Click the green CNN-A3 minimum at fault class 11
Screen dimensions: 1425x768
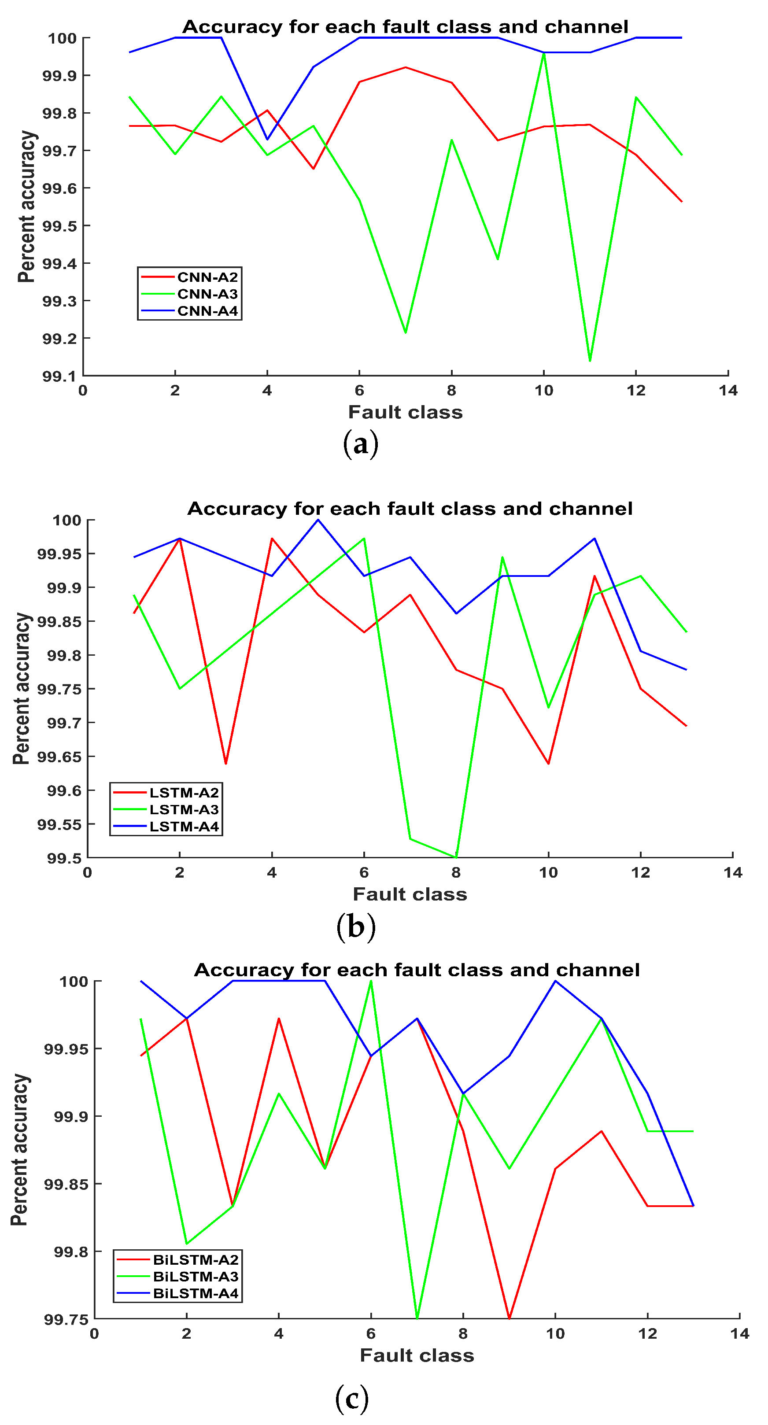(x=590, y=361)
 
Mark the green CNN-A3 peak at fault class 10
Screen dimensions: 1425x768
(x=544, y=53)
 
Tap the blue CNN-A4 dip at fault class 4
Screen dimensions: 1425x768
(x=267, y=139)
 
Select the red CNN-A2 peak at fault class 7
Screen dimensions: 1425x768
(x=406, y=67)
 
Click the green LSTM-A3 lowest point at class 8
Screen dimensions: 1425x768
(x=456, y=857)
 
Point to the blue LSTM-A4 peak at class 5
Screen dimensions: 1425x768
(x=318, y=520)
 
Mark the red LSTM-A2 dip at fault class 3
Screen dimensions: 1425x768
(x=226, y=764)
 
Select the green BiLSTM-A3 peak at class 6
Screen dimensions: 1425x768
(x=371, y=982)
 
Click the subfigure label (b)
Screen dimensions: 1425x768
(x=356, y=927)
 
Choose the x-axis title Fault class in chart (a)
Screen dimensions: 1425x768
(x=405, y=412)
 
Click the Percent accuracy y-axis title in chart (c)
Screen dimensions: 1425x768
(x=20, y=1149)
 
